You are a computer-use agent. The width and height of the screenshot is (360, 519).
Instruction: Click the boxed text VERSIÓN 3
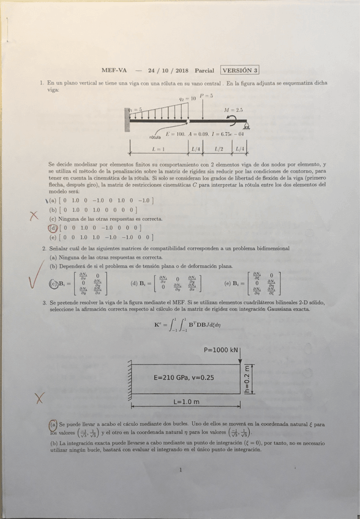click(x=240, y=70)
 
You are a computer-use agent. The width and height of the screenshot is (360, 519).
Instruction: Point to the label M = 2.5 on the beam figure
click(x=233, y=111)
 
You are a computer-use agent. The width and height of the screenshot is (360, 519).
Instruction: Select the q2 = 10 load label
click(x=187, y=98)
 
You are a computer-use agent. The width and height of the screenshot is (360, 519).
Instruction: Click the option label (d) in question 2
click(x=134, y=283)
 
